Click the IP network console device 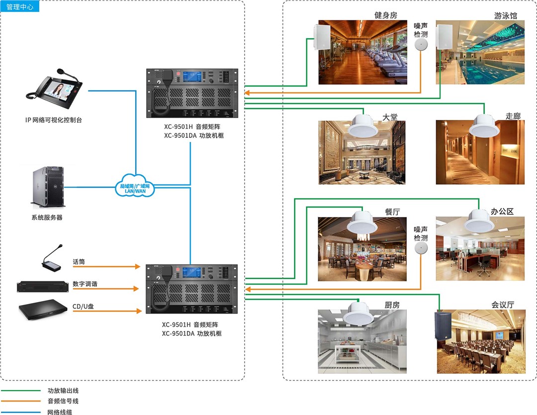point(55,90)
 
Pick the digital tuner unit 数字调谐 point(42,287)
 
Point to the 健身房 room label point(386,15)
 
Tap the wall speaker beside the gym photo point(322,37)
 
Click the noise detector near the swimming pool point(421,45)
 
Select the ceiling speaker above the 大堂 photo point(363,126)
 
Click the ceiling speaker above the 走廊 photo point(484,126)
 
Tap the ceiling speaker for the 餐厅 point(364,222)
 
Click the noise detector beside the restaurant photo point(421,248)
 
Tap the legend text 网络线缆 point(60,412)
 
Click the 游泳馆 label point(505,15)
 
